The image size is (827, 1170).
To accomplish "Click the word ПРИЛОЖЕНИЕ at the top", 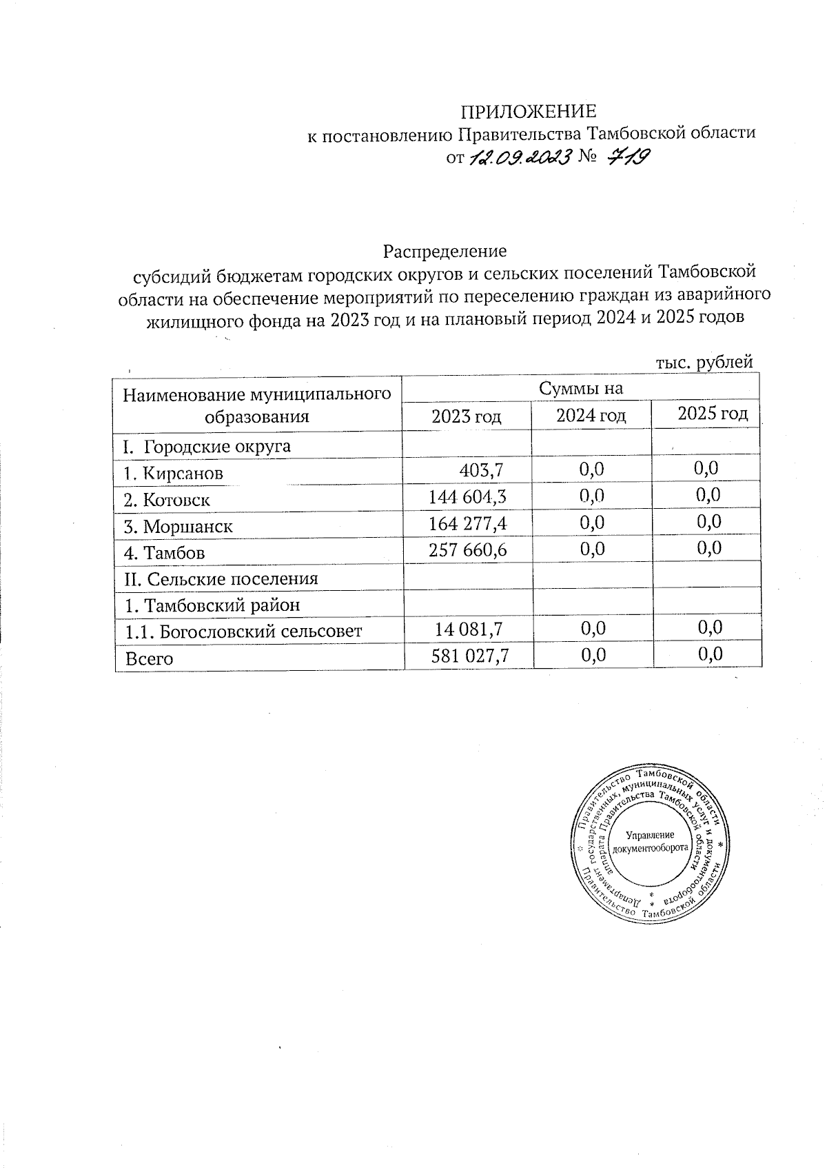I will coord(529,112).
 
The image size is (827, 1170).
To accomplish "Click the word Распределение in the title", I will coord(445,250).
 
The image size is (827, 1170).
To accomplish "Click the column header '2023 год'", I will coord(466,416).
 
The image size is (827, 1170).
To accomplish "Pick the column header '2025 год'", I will coord(713,414).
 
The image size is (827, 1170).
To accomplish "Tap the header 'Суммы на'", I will coord(581,388).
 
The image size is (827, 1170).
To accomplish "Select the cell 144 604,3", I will coord(468,496).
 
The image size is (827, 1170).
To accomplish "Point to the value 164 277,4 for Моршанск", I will coord(468,523).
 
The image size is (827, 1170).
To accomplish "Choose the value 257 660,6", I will coord(468,549).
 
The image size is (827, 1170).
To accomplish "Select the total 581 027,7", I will coord(469,656).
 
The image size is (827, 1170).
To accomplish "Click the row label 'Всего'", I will coord(149,658).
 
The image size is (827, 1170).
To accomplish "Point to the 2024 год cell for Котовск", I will coord(592,496).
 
